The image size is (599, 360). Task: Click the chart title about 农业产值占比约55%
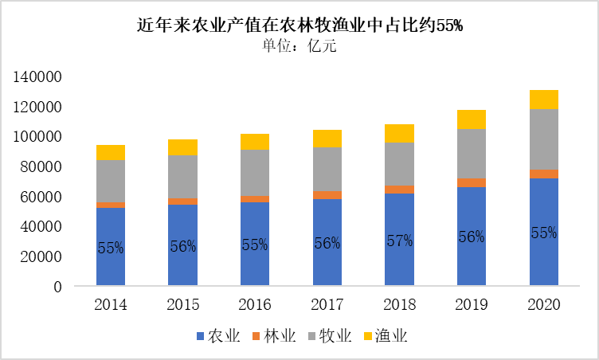(x=299, y=25)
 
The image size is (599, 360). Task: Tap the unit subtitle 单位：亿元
(x=299, y=46)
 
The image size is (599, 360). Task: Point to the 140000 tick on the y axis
(x=37, y=77)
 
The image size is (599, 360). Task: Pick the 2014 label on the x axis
(x=110, y=305)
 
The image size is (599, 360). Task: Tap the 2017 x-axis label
(x=327, y=305)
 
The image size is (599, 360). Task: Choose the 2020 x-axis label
(x=543, y=305)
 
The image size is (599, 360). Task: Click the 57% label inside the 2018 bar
(x=399, y=241)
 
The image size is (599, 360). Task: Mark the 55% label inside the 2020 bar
(x=543, y=233)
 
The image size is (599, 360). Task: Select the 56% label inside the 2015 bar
(x=182, y=247)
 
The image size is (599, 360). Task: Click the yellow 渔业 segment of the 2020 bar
(x=543, y=100)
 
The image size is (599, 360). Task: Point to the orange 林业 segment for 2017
(x=327, y=194)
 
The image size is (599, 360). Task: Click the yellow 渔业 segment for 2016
(x=255, y=142)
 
